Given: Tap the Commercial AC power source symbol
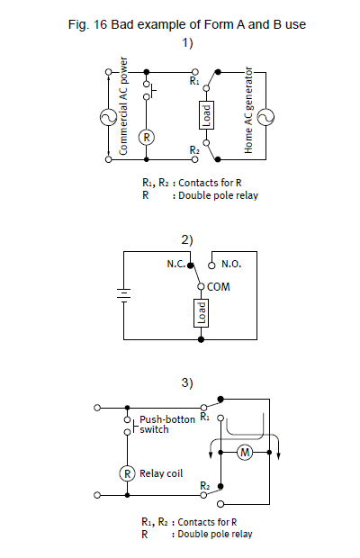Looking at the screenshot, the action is pos(108,117).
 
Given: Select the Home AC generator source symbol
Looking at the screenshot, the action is pos(265,117).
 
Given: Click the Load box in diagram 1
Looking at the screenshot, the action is pos(206,115).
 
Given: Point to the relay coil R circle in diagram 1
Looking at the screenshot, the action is pos(146,137).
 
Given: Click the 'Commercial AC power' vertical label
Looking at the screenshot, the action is pos(123,106).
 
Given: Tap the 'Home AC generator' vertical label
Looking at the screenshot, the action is pos(248,110).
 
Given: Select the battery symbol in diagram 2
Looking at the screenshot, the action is pos(123,295).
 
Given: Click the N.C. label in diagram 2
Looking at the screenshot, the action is pos(175,264).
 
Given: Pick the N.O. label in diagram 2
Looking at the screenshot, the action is pos(231,264).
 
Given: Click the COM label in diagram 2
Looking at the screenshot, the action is pos(219,287).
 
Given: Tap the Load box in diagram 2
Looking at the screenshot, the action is pos(201,313).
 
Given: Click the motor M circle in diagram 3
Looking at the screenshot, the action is pos(245,453).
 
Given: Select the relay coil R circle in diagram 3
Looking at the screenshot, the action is pos(128,473).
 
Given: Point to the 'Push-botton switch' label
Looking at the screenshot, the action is pos(167,424).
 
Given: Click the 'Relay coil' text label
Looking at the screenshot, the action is pos(161,473).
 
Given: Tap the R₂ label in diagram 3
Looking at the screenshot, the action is pos(205,485).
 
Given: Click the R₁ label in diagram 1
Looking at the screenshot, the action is pos(194,81).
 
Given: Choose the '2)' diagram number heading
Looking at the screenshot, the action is pos(187,240).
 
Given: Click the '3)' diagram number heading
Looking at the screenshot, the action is pos(187,382).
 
